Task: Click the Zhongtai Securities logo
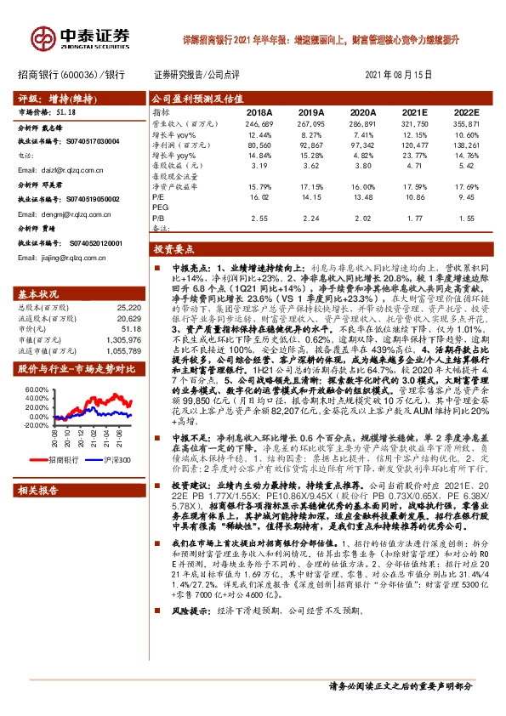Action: (x=81, y=37)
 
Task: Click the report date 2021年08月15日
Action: (x=400, y=75)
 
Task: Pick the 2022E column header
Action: (x=467, y=111)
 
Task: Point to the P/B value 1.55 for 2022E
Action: (x=467, y=218)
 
